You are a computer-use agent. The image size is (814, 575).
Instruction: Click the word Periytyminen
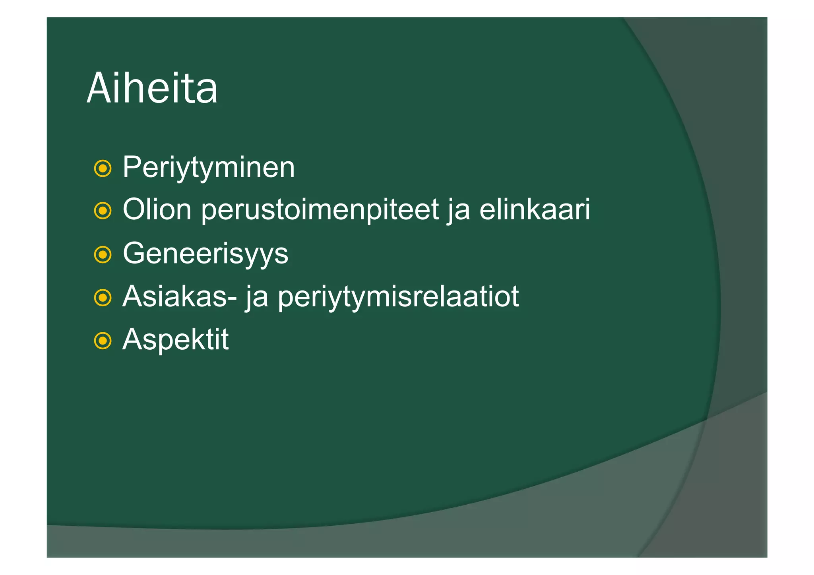pos(209,167)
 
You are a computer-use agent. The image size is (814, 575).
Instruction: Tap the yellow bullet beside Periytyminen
pos(103,168)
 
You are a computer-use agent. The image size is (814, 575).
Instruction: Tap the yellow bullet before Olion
pos(103,211)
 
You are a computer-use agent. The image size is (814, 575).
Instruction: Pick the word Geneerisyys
pos(205,254)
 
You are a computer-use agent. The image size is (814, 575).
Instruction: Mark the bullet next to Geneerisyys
pos(103,254)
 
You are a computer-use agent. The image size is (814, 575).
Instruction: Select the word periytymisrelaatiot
pos(398,297)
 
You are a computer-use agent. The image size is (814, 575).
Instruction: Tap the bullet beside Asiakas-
pos(103,298)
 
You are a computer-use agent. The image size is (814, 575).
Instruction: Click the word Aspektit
pos(175,339)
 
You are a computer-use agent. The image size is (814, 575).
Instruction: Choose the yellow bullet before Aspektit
pos(103,341)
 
